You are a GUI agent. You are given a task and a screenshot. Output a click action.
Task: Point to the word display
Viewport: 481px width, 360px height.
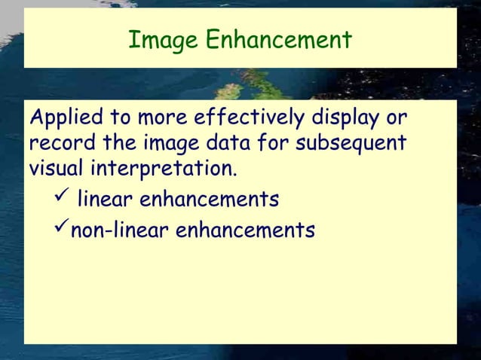346,119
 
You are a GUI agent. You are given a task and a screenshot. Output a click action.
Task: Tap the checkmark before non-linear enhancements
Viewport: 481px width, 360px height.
62,227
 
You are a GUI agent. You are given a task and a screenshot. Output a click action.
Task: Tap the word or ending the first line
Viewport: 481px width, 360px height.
397,120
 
